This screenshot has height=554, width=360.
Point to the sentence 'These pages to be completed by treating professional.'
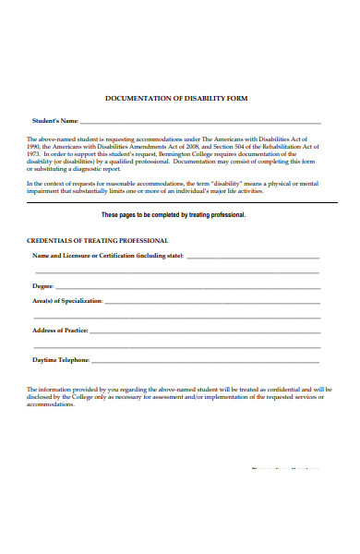(186, 214)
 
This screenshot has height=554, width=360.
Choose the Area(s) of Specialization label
(67, 302)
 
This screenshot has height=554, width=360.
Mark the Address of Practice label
(60, 331)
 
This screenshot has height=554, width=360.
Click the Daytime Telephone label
(61, 360)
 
